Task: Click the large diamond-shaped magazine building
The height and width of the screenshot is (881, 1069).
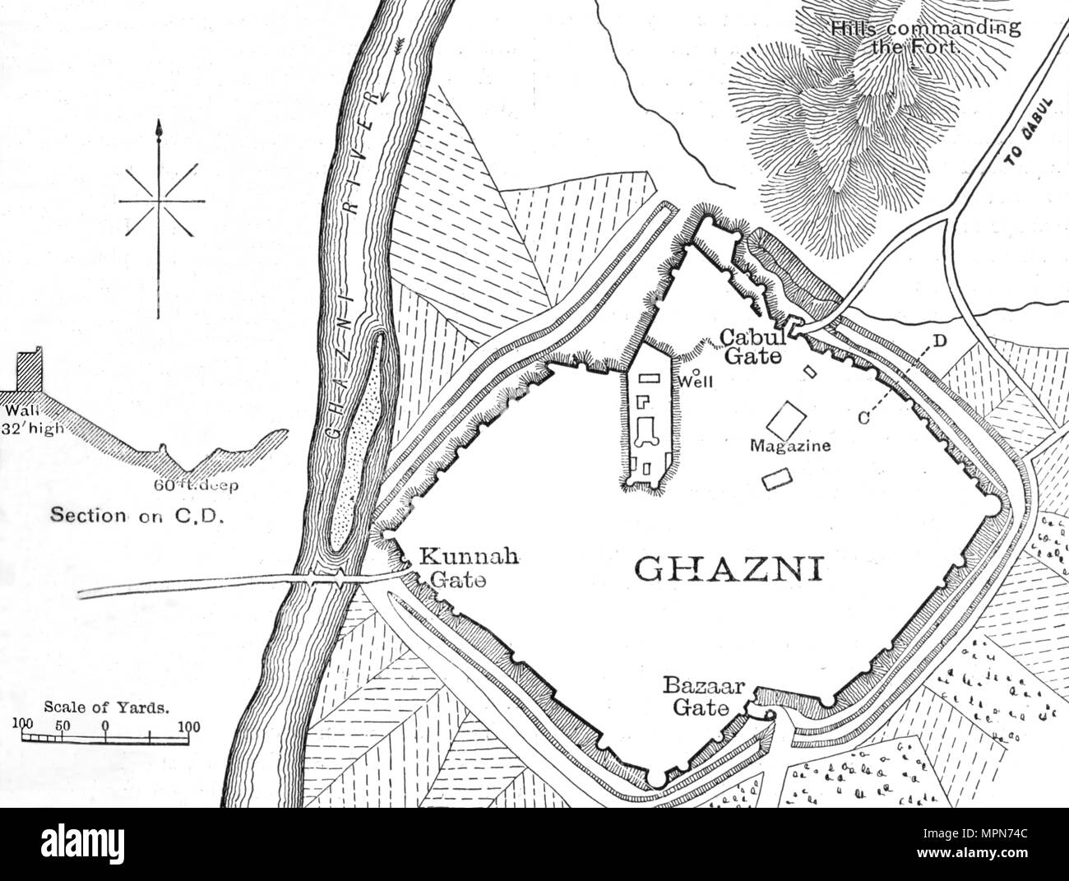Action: click(787, 419)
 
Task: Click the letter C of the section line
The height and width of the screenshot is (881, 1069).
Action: click(863, 418)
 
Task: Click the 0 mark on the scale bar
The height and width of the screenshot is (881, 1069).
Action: click(105, 726)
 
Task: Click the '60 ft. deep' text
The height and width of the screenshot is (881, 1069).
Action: click(196, 485)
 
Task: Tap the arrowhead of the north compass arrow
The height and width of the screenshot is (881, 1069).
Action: click(156, 128)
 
